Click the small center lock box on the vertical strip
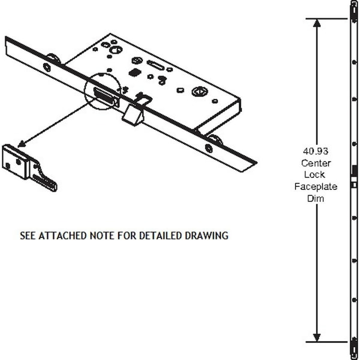coord(354,185)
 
